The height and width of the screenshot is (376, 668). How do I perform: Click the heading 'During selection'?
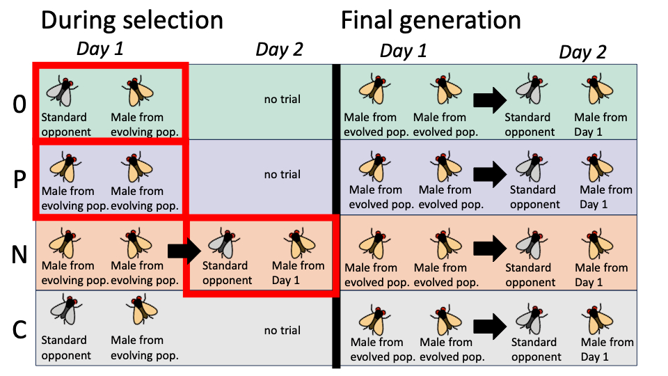click(x=132, y=19)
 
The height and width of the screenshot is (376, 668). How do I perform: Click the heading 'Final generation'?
click(x=431, y=19)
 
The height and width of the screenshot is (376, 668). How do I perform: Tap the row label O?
click(x=19, y=104)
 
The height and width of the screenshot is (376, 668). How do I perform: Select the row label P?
click(x=19, y=180)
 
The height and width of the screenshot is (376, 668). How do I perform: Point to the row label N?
click(x=19, y=255)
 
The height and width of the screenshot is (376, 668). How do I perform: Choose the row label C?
click(x=19, y=329)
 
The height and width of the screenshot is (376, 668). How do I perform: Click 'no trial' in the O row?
click(x=283, y=100)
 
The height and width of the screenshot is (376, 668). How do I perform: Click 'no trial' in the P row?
click(x=283, y=174)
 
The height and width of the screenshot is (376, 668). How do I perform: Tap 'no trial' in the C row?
click(x=283, y=330)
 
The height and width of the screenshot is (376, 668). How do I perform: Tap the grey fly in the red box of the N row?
click(x=224, y=243)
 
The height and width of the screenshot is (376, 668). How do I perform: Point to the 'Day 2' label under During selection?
click(x=280, y=49)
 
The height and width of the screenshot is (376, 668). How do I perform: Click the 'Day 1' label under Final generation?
click(x=404, y=51)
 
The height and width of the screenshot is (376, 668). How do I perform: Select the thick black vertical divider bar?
click(x=337, y=216)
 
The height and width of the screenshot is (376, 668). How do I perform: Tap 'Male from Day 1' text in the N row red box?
click(x=298, y=272)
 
